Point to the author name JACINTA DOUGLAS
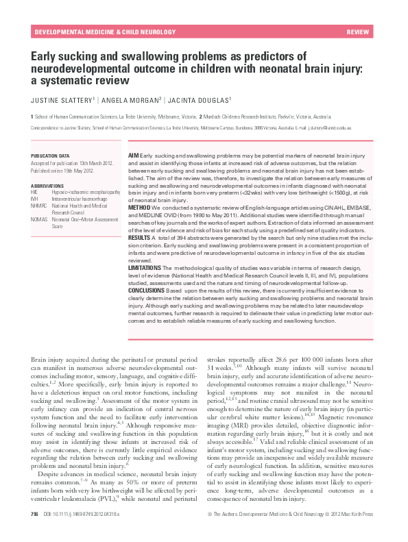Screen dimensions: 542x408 tap(202, 99)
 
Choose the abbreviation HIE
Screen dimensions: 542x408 tap(35, 193)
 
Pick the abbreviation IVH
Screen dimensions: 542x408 tap(35, 199)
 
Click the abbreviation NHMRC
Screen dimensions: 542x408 tap(39, 205)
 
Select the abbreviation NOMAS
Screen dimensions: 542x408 tap(39, 219)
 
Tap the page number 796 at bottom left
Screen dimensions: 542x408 tap(34, 532)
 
